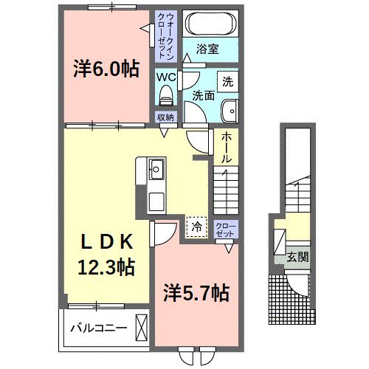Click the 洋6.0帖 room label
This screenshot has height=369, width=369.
(106, 69)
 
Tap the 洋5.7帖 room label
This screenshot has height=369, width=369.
(195, 294)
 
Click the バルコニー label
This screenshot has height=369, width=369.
(99, 328)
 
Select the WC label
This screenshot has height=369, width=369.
(165, 76)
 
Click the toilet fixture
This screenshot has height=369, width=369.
(166, 94)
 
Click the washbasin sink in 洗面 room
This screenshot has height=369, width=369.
(230, 110)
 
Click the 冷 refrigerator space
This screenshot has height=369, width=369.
(196, 227)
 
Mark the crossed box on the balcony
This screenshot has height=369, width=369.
(142, 327)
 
